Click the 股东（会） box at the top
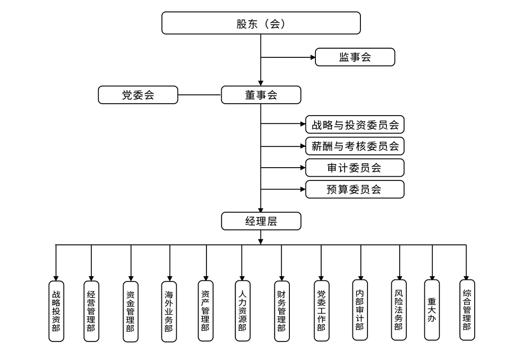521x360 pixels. (x=261, y=23)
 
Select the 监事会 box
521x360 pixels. (x=355, y=57)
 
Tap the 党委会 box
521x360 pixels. (x=138, y=95)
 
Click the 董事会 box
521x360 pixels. (x=261, y=95)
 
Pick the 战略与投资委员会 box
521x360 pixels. (x=355, y=125)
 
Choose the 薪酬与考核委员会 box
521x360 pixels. (x=355, y=146)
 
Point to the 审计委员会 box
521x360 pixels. (x=355, y=168)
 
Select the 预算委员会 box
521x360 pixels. (x=355, y=189)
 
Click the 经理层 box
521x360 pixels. (x=261, y=221)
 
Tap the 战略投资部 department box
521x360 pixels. (x=56, y=311)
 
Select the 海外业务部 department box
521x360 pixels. (x=169, y=311)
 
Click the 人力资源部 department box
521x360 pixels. (x=242, y=311)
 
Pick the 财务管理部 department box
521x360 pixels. (x=281, y=311)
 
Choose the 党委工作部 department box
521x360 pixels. (x=321, y=311)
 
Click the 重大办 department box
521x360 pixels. (x=431, y=310)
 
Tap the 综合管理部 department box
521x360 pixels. (x=467, y=310)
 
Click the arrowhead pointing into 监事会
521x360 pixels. (x=313, y=57)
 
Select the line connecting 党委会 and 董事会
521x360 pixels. (x=199, y=95)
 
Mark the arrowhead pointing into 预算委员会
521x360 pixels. (x=303, y=189)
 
